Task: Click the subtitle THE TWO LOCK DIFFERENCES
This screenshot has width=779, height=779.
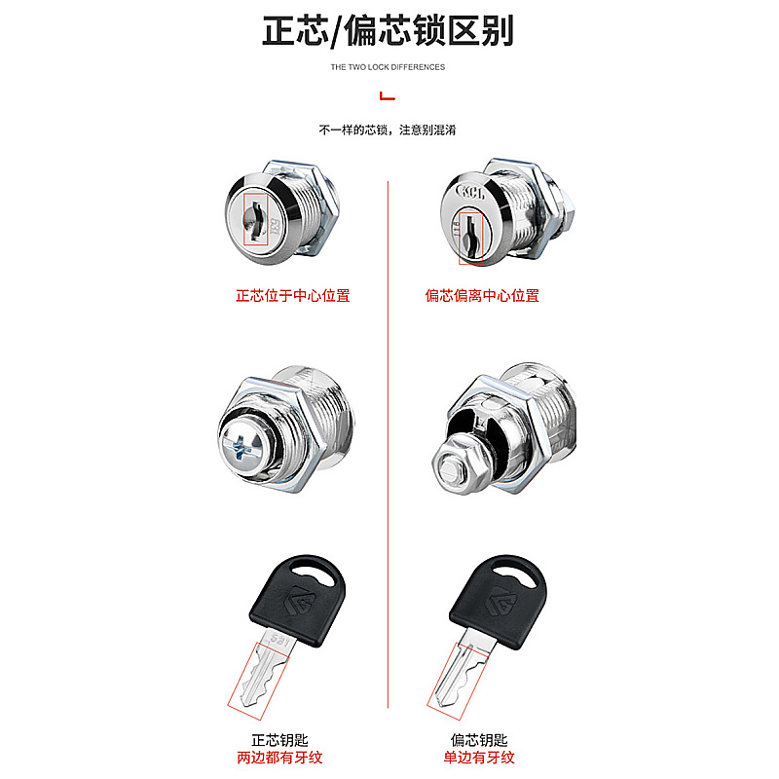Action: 388,67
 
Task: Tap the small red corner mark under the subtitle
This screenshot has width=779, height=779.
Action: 387,95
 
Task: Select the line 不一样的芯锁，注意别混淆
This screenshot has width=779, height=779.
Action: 388,130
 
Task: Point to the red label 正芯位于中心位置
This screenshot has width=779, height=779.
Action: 292,295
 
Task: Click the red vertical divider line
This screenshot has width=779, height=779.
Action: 389,438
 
